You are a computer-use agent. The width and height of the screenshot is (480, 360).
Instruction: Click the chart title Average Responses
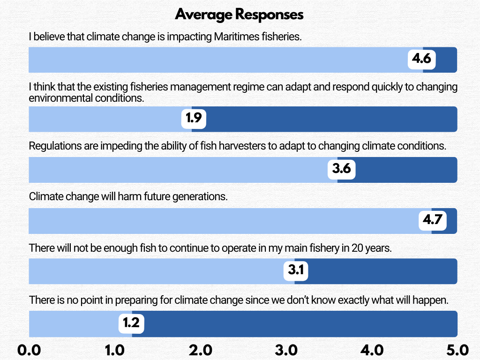click(240, 15)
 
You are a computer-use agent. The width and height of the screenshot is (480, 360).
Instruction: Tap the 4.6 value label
click(421, 60)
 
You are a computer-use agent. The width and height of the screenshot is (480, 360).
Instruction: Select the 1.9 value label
click(194, 119)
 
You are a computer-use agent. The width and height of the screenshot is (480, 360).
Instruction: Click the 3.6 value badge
click(341, 169)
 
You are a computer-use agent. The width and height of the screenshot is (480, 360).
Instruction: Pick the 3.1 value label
click(296, 270)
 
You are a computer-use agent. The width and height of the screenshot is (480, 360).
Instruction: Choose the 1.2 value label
click(131, 323)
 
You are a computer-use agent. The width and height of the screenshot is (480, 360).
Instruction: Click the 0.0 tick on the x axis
click(30, 350)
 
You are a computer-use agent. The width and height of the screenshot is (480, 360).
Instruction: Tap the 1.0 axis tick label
click(115, 350)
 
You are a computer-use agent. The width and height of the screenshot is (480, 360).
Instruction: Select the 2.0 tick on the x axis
click(200, 350)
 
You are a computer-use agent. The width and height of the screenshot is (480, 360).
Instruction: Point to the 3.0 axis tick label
click(286, 350)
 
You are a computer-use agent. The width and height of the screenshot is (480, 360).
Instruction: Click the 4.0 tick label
click(372, 350)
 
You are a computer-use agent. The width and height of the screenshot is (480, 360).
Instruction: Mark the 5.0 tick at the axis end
click(457, 350)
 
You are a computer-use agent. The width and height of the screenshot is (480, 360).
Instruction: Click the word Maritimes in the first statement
click(235, 37)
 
